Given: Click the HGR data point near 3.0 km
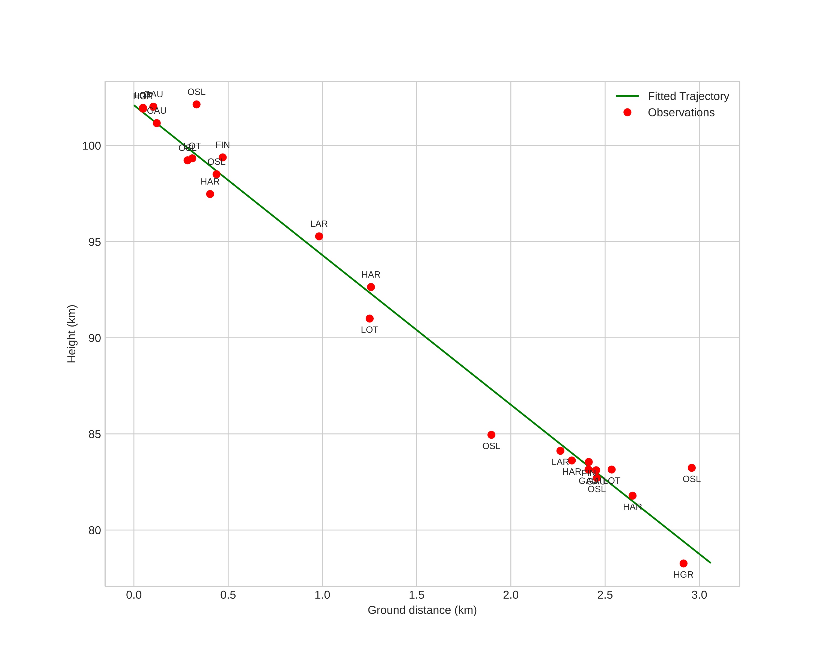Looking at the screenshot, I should [683, 563].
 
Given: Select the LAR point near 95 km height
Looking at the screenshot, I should [319, 236].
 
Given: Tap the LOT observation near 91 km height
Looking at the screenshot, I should [370, 319].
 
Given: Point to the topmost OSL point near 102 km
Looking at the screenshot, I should [197, 104].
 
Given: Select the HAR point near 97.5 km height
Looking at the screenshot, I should [210, 194].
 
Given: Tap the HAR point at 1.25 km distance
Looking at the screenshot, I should [371, 287].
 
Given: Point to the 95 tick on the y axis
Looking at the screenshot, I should [94, 242].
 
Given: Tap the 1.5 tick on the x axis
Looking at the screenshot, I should [417, 595].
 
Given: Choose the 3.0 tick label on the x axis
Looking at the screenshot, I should [699, 595].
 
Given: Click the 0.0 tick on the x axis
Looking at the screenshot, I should [134, 595].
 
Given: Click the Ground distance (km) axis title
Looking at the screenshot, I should [422, 610].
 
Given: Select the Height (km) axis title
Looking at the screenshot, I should [72, 334].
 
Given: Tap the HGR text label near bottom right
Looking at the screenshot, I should [683, 575].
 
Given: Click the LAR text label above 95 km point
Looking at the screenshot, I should [319, 224].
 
